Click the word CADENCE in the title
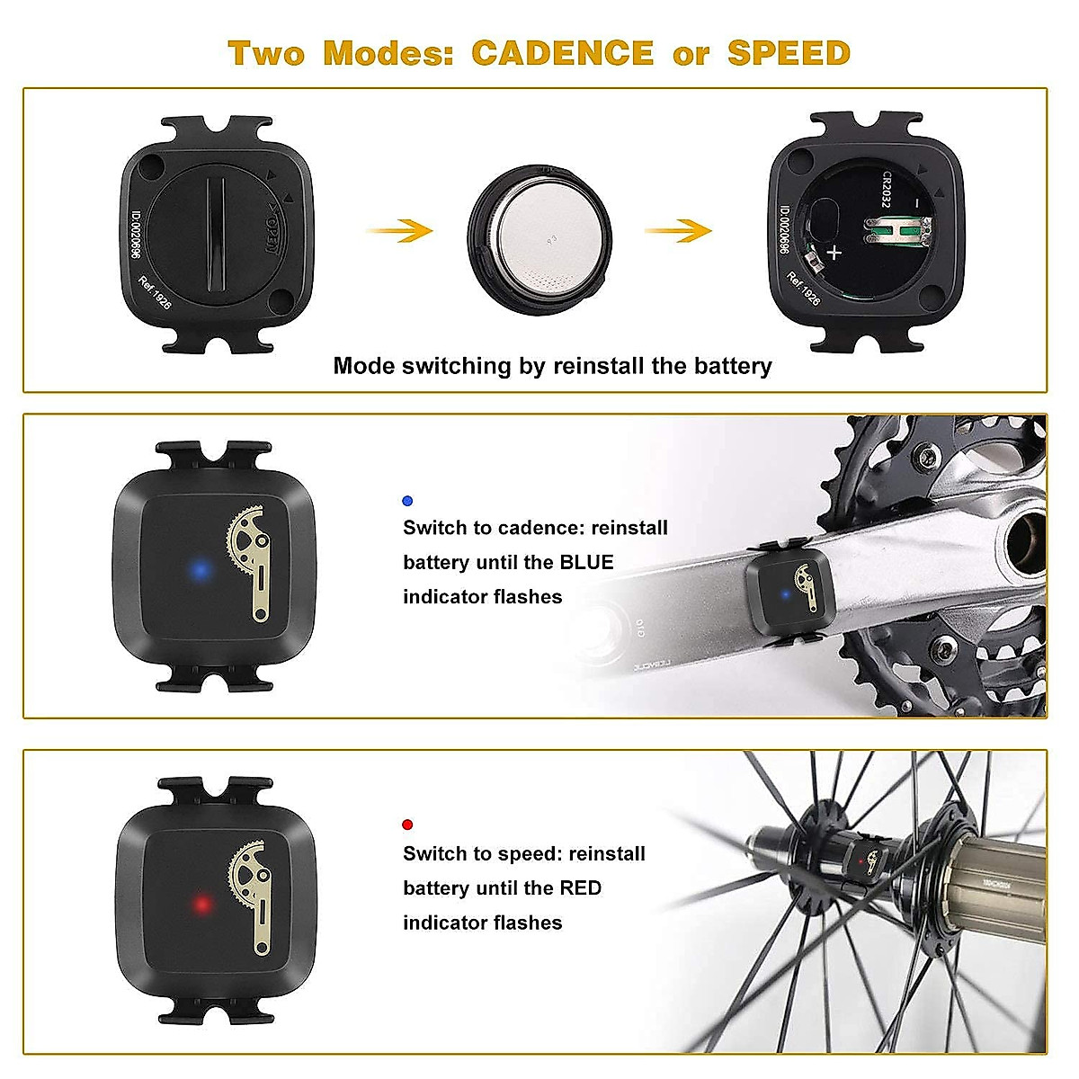[x=562, y=53]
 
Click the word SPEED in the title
[x=789, y=53]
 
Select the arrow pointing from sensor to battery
[x=399, y=231]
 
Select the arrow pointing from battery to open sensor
[x=678, y=231]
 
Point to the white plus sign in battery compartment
[x=834, y=253]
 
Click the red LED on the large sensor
[x=202, y=904]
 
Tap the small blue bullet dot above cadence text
[x=407, y=501]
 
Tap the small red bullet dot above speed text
[x=407, y=825]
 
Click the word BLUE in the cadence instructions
[x=586, y=563]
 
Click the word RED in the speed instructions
[x=580, y=888]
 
